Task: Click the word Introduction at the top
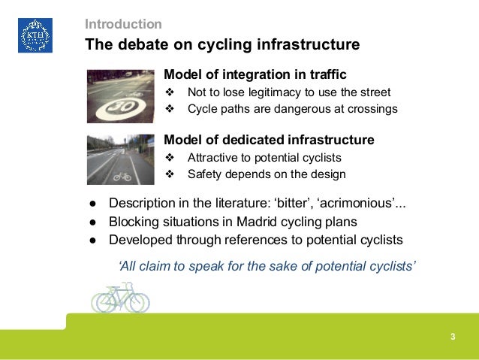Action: tap(123, 24)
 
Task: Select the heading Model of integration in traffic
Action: tap(255, 76)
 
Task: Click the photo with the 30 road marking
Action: tap(120, 96)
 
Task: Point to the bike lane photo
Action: tap(120, 159)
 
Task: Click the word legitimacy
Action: tap(273, 92)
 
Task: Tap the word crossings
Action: tap(371, 110)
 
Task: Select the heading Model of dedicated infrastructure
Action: tap(269, 141)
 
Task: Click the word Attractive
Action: tap(214, 158)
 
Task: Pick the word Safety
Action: tap(205, 174)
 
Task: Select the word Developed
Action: tap(142, 241)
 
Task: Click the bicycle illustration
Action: tap(119, 298)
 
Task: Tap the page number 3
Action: tap(453, 335)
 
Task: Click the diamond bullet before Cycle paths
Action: tap(170, 110)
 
